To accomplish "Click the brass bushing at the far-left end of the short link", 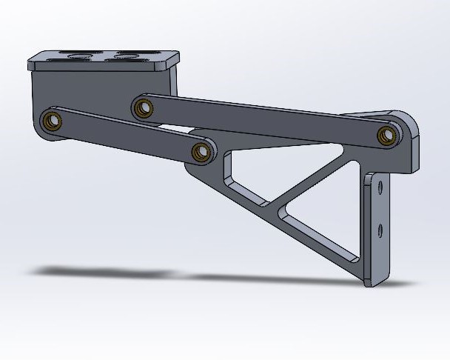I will click(51, 120).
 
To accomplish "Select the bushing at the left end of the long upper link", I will click(142, 108).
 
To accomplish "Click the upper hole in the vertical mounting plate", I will click(380, 188).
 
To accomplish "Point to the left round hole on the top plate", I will click(76, 56).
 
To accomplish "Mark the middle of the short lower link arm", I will click(126, 136).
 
